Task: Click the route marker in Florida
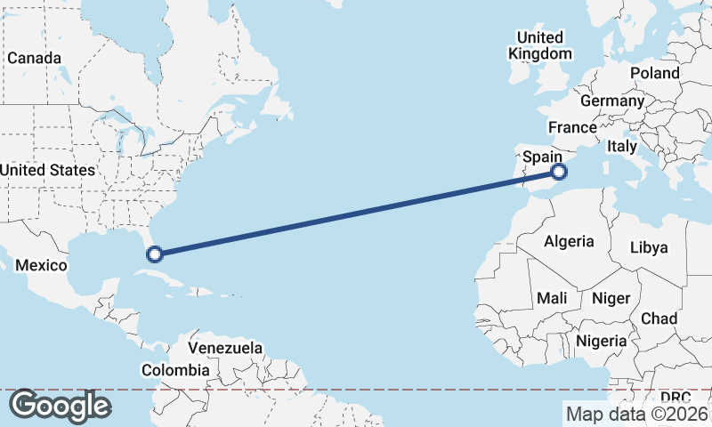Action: (154, 254)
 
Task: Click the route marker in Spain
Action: (559, 172)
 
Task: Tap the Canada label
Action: (34, 58)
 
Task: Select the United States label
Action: (47, 170)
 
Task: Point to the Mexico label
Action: (42, 266)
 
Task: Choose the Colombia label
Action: (176, 370)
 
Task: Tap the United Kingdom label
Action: (540, 45)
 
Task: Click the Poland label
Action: (654, 73)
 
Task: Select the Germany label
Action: (611, 101)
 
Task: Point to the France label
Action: (571, 127)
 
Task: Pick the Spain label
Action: (542, 157)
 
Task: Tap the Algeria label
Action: (569, 241)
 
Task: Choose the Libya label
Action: (648, 247)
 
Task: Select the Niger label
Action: (611, 299)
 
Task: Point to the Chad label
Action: (659, 318)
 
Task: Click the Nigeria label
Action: (602, 341)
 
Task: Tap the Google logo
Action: (60, 406)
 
